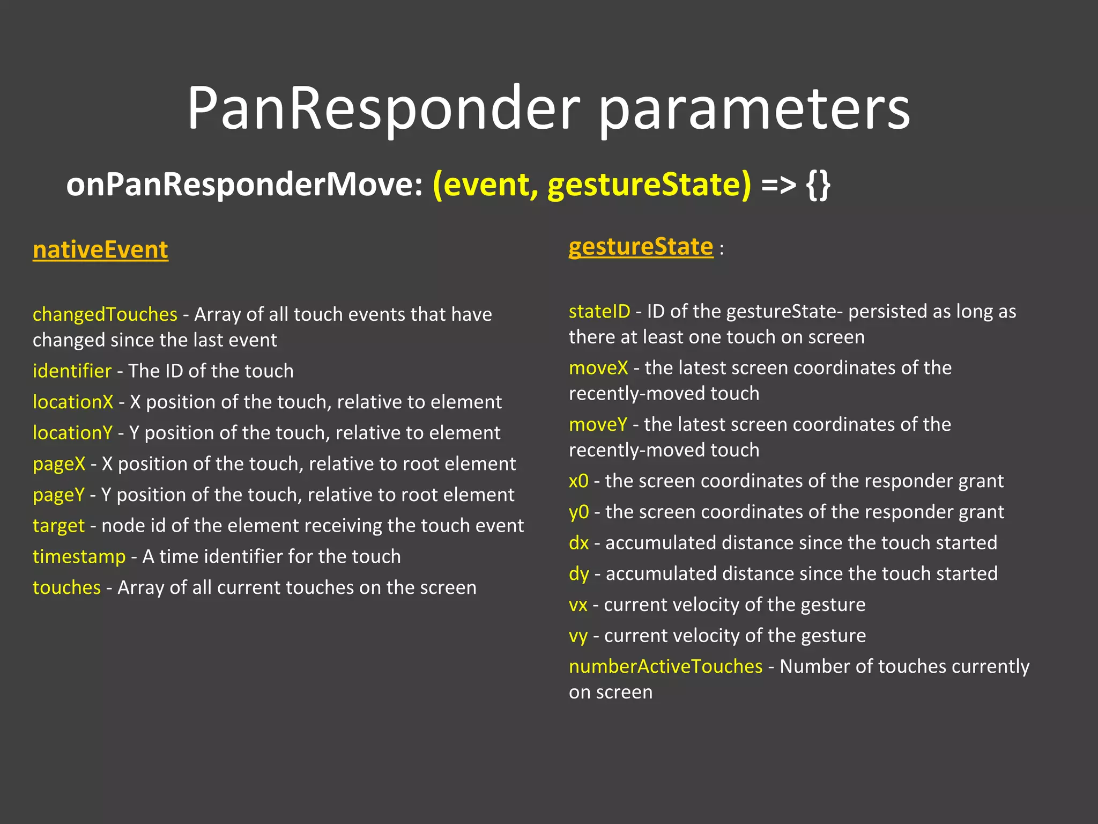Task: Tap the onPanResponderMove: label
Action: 244,185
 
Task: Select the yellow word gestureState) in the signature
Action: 649,186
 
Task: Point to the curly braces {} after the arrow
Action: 818,186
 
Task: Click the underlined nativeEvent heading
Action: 100,250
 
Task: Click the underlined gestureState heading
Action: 641,247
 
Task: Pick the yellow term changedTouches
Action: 105,314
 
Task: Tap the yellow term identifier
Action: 72,371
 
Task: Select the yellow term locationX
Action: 73,402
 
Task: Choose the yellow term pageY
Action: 58,495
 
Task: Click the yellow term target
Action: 58,526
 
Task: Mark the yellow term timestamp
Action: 79,556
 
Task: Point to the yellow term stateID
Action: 599,311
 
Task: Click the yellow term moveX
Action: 598,368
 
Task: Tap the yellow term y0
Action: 578,512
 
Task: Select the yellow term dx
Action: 578,543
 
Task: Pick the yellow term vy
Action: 578,636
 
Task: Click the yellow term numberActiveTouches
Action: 665,666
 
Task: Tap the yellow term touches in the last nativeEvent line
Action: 66,587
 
